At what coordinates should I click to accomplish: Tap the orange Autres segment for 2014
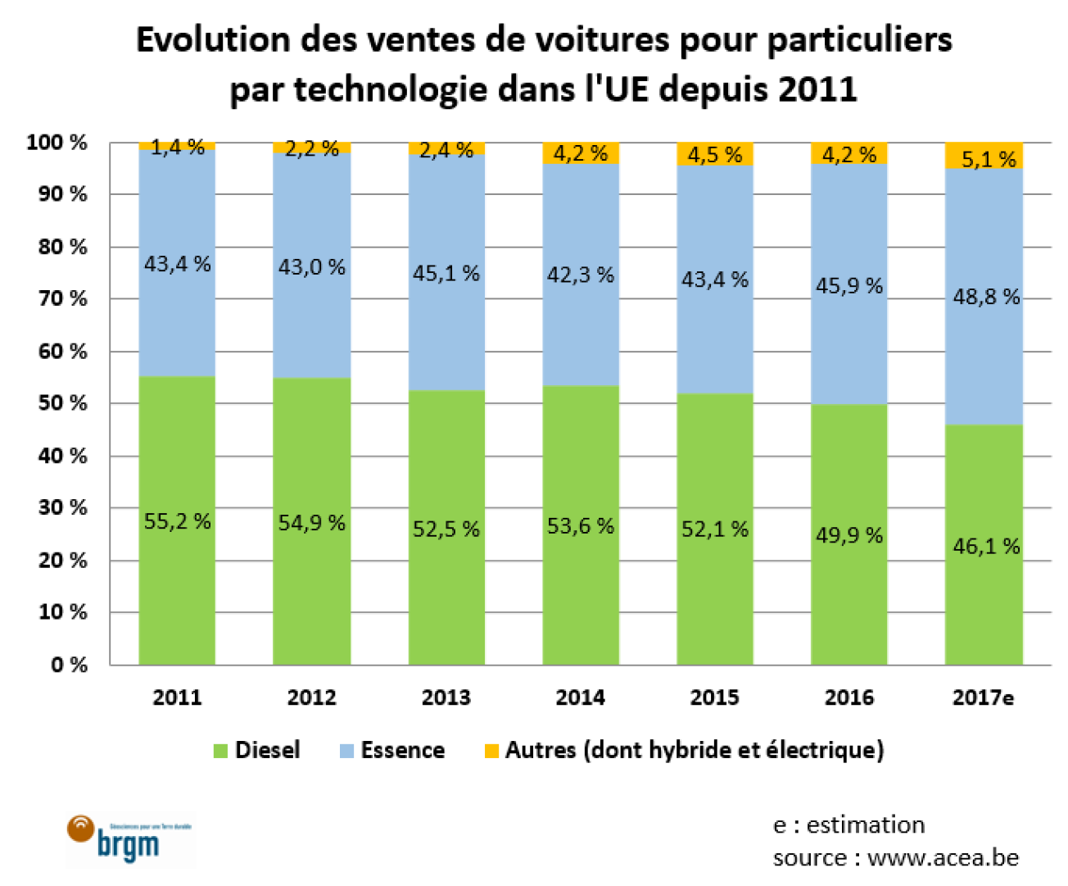pyautogui.click(x=580, y=153)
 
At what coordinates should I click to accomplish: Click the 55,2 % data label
pyautogui.click(x=177, y=521)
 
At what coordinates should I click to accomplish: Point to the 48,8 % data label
pyautogui.click(x=986, y=297)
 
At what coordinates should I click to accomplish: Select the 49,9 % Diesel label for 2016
pyautogui.click(x=849, y=535)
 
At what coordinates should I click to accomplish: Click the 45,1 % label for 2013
pyautogui.click(x=446, y=273)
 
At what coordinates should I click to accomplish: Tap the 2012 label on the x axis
pyautogui.click(x=311, y=697)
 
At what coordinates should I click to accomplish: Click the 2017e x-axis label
pyautogui.click(x=983, y=697)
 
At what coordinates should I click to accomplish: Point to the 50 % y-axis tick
pyautogui.click(x=62, y=403)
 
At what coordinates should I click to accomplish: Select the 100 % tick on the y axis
pyautogui.click(x=57, y=143)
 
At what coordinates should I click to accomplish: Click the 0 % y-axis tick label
pyautogui.click(x=69, y=665)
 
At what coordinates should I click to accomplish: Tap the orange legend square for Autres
pyautogui.click(x=491, y=751)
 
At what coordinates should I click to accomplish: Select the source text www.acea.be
pyautogui.click(x=943, y=858)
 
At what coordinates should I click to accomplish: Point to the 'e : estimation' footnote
pyautogui.click(x=849, y=825)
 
